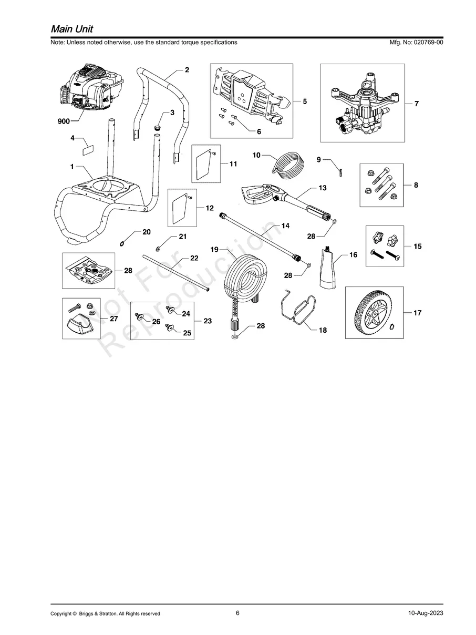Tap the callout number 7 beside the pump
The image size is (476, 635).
point(416,104)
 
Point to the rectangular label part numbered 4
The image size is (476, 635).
point(88,148)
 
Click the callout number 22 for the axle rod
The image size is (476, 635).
point(194,258)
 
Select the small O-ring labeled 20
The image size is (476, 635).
point(122,243)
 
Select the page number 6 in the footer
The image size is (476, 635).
point(237,613)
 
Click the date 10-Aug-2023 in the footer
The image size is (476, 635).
point(425,613)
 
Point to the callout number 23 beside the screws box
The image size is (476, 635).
point(208,321)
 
